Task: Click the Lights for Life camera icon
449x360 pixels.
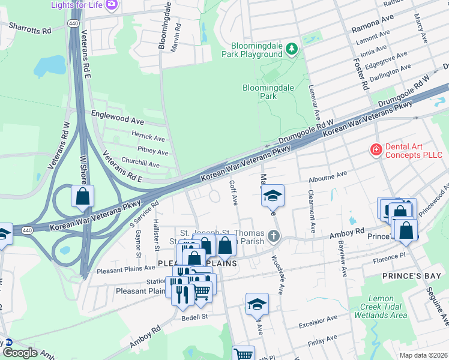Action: [111, 5]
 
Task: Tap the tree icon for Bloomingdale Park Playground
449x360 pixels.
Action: [292, 49]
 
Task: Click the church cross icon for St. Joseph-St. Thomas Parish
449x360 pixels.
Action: [274, 235]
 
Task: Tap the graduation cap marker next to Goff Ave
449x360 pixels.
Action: [273, 195]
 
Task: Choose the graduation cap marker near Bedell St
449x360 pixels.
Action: [257, 304]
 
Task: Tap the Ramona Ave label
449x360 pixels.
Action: [373, 23]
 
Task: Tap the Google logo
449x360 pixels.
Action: [20, 353]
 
